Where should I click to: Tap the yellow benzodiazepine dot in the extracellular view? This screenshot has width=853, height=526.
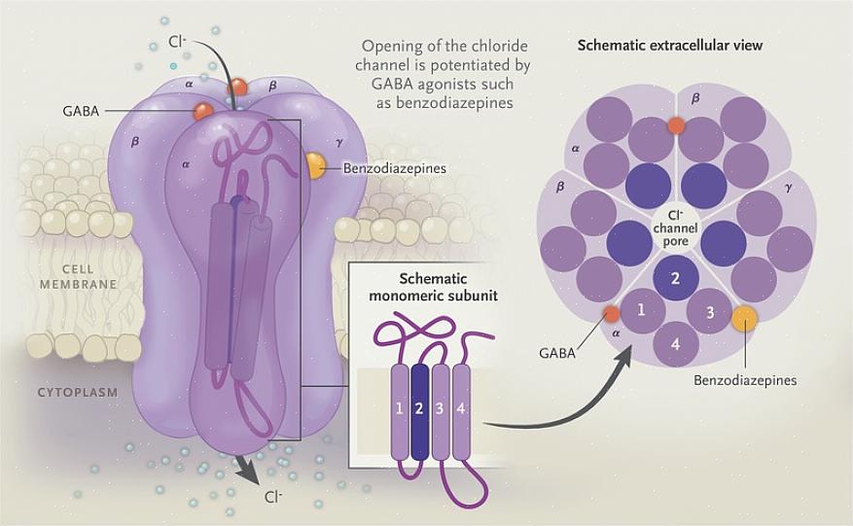coord(744,318)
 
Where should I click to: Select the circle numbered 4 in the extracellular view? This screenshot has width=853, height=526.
coord(676,343)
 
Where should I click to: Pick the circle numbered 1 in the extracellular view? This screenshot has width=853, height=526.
coord(640,311)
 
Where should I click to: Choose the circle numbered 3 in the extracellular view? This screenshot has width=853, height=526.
coord(710,312)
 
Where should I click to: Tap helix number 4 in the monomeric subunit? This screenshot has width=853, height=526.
coord(461,409)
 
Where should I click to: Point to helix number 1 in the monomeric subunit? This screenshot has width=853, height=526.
coord(400,409)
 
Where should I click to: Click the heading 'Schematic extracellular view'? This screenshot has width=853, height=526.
coord(670,46)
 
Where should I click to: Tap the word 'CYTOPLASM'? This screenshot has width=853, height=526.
coord(78,393)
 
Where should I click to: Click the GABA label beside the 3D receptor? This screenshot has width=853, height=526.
coord(80,112)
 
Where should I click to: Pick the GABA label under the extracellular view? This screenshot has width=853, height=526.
coord(556,353)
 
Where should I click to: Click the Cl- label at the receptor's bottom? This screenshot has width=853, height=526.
coord(274,496)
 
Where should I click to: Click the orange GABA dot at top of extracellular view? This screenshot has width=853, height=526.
coord(676,125)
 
